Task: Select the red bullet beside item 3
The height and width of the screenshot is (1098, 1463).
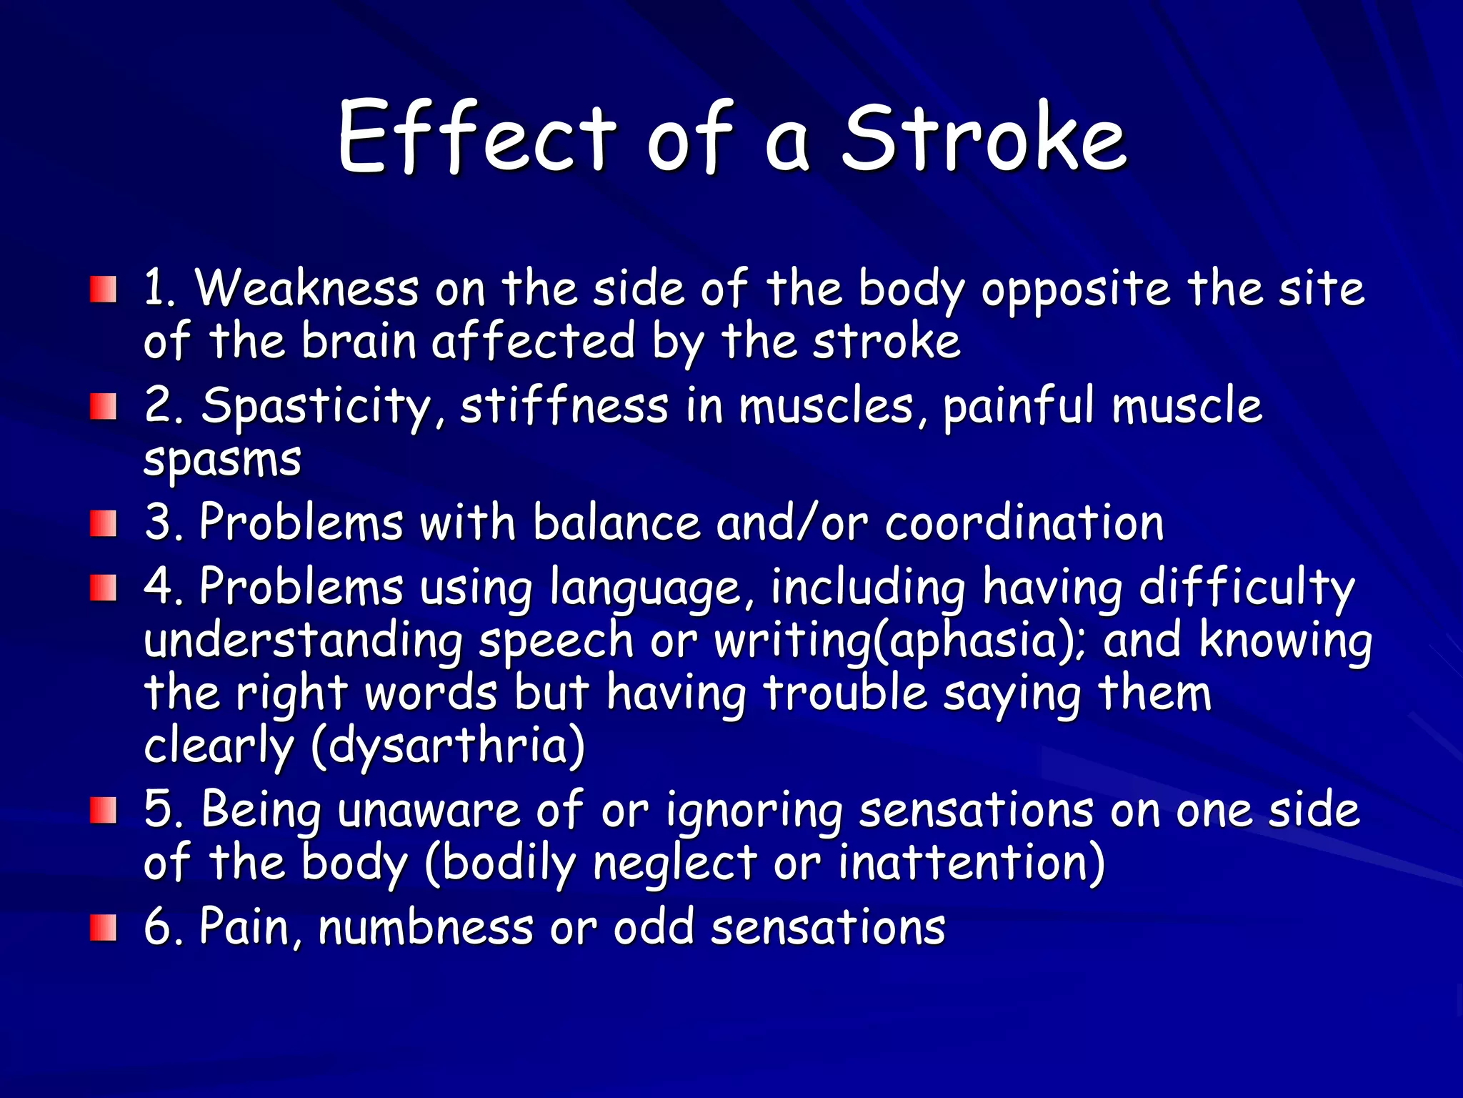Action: [103, 524]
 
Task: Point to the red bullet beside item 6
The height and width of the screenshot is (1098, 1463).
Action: [103, 927]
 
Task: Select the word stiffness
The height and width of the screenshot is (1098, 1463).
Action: [564, 405]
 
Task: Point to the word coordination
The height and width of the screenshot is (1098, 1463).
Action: [1024, 523]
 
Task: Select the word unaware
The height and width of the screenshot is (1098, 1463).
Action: [429, 811]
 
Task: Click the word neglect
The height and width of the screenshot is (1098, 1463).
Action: [675, 864]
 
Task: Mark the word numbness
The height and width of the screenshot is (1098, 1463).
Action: [426, 927]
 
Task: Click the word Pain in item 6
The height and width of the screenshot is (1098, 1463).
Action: [243, 927]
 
